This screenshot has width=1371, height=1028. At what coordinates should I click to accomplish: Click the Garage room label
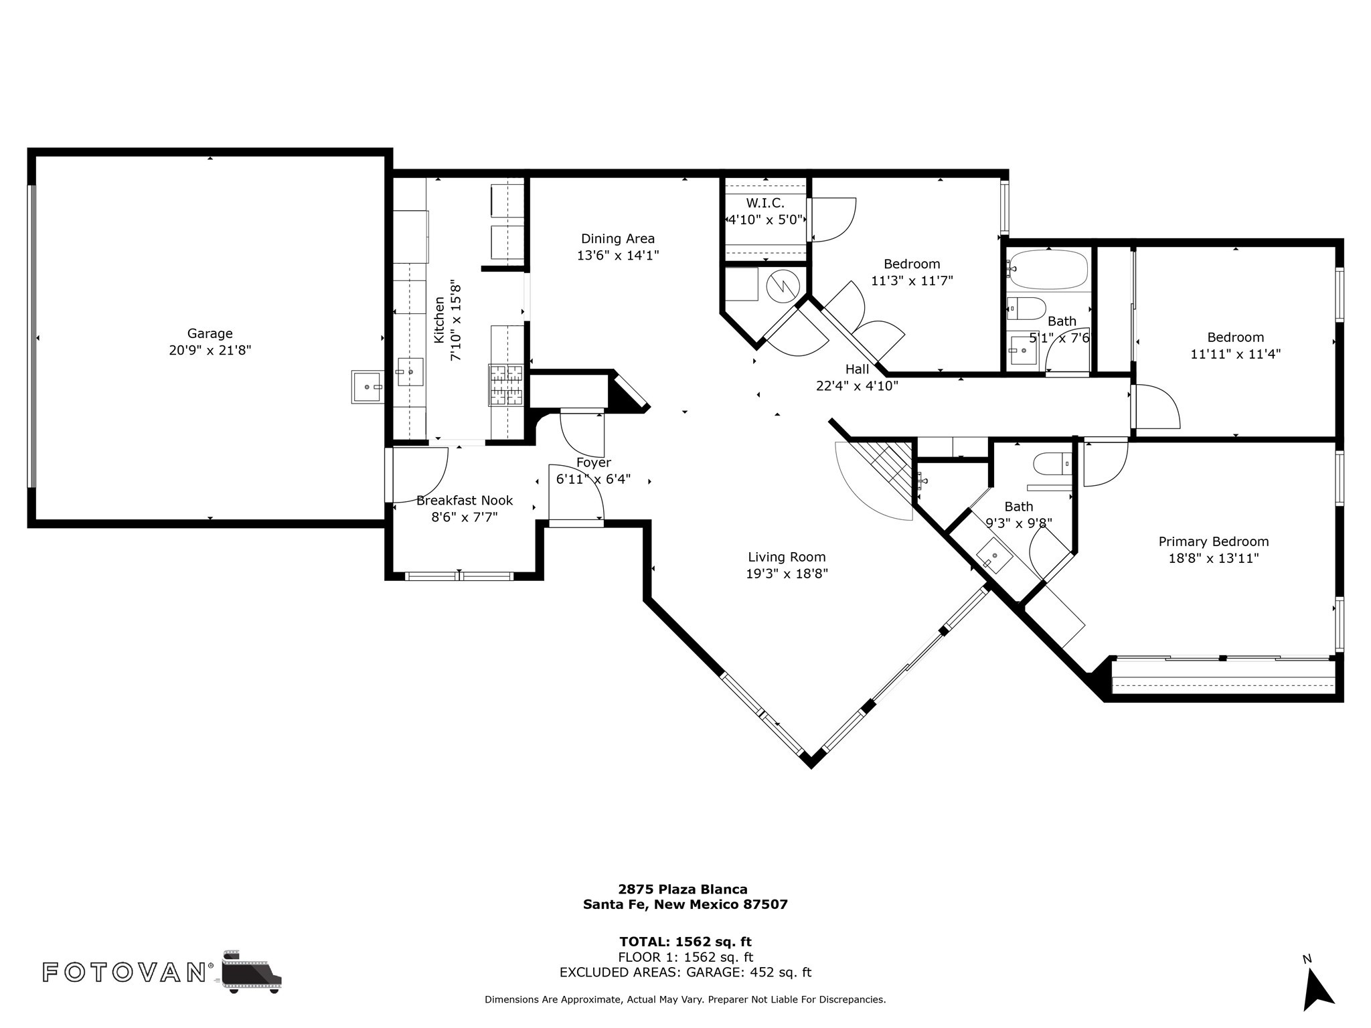(210, 333)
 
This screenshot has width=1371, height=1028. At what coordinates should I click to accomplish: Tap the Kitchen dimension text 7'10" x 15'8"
(456, 321)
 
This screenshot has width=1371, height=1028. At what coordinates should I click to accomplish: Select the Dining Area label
(618, 239)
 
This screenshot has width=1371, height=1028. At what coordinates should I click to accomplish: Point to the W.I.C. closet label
(765, 203)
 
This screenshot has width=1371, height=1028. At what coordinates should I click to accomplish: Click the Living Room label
(787, 557)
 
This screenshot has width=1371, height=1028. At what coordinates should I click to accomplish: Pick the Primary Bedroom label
(1214, 541)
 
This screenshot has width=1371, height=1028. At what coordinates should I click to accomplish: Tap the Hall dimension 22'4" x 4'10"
(857, 385)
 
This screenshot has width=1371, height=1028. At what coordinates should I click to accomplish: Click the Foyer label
(594, 462)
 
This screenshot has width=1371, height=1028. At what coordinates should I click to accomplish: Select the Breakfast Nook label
(465, 500)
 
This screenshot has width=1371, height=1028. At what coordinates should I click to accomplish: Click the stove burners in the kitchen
(505, 385)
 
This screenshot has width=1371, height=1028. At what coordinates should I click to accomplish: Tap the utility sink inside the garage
(368, 388)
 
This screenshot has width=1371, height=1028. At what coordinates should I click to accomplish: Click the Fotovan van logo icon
(252, 972)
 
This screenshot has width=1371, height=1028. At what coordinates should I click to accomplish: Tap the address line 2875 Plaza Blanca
(683, 889)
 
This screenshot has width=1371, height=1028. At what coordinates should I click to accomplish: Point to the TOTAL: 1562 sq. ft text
(685, 942)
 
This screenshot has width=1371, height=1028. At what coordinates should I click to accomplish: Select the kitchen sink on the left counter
(410, 371)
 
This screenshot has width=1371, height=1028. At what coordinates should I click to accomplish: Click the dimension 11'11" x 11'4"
(1236, 354)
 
